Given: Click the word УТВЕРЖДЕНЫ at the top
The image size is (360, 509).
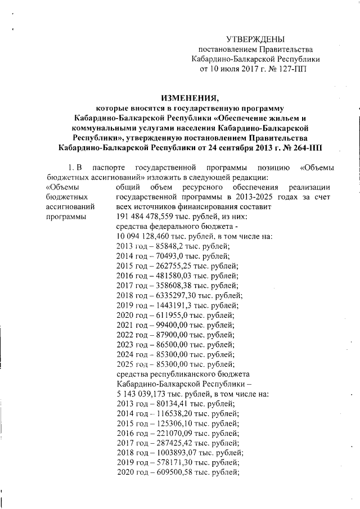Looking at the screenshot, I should click(x=255, y=39).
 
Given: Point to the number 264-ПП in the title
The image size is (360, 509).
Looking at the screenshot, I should click(x=308, y=147).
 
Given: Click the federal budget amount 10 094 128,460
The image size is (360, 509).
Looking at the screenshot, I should click(x=142, y=237).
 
